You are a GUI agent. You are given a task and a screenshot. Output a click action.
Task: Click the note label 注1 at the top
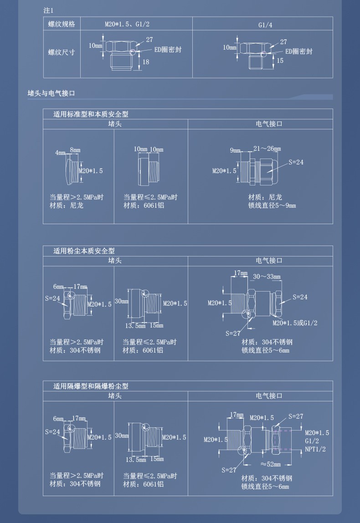pos(48,10)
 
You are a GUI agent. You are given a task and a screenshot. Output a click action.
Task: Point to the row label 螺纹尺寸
pos(62,52)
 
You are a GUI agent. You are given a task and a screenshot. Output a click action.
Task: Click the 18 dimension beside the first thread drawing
pos(146,62)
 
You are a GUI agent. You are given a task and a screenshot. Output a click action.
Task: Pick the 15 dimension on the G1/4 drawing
pos(280,61)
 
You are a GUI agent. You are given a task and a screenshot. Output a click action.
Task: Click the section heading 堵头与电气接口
pos(51,93)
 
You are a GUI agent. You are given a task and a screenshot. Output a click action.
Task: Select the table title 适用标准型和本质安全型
pos(91,114)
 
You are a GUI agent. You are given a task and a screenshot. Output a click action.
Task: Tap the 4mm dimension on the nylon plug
pos(60,153)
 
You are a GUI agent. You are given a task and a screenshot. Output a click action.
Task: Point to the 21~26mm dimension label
pos(267,149)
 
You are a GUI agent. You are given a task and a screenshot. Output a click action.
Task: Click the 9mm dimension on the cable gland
pos(235,150)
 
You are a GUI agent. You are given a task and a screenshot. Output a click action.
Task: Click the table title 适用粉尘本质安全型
pos(84,251)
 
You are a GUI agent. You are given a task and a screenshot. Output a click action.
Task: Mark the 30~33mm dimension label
pos(267,277)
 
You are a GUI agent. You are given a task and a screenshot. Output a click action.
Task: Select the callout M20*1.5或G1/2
pos(295,323)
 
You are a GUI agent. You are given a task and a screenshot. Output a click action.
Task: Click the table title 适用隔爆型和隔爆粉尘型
pos(91,386)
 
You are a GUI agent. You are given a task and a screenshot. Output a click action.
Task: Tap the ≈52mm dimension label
pos(270,464)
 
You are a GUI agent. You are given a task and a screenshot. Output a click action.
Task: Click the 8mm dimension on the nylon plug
pos(75,150)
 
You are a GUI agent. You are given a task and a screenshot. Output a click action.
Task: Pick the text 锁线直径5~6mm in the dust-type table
pos(266,350)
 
